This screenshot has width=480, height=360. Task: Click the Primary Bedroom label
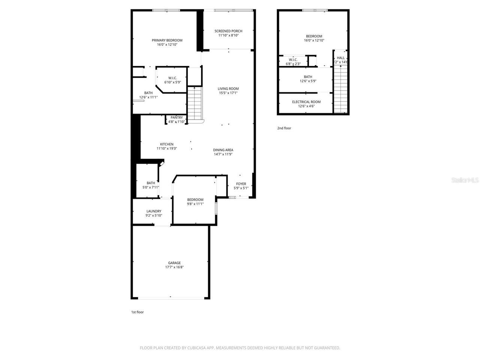pyautogui.click(x=167, y=40)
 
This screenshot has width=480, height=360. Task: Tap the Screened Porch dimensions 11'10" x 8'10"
pyautogui.click(x=228, y=36)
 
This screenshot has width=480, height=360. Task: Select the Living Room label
pyautogui.click(x=228, y=89)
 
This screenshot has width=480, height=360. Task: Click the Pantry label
pyautogui.click(x=176, y=118)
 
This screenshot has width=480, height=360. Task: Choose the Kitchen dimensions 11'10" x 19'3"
pyautogui.click(x=166, y=148)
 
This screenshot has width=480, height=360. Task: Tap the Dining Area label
pyautogui.click(x=223, y=150)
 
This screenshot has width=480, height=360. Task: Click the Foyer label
pyautogui.click(x=241, y=184)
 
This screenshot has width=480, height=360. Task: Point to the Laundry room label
pyautogui.click(x=154, y=211)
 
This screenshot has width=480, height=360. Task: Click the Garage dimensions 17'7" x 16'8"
pyautogui.click(x=174, y=267)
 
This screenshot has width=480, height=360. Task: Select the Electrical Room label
pyautogui.click(x=306, y=102)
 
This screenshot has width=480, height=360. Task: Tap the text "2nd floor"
pyautogui.click(x=284, y=128)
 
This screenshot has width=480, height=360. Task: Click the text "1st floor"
pyautogui.click(x=137, y=312)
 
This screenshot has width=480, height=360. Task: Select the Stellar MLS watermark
pyautogui.click(x=465, y=180)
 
